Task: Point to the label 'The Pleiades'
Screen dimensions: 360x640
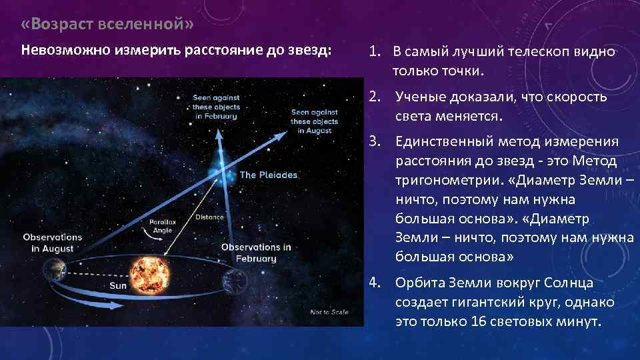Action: (269, 175)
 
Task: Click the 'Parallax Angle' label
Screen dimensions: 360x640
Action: (161, 226)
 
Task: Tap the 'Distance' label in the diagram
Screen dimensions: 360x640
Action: (209, 217)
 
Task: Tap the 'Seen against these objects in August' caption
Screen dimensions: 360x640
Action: (315, 121)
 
